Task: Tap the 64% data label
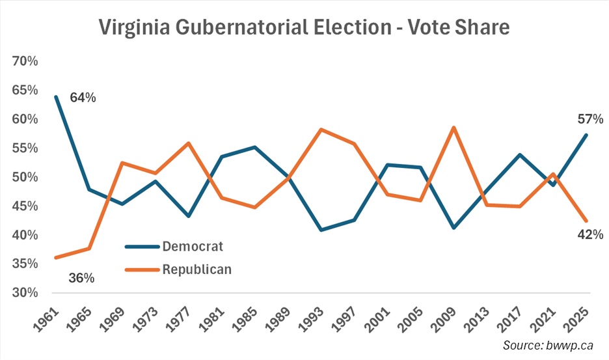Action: click(83, 98)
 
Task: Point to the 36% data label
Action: click(81, 278)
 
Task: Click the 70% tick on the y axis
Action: click(25, 61)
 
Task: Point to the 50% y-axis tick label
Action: click(25, 177)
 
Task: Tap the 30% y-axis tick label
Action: click(25, 293)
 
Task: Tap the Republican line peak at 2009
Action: click(453, 128)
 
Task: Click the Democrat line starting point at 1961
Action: click(57, 96)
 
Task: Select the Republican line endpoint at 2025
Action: click(586, 221)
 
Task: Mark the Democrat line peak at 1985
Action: click(255, 147)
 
